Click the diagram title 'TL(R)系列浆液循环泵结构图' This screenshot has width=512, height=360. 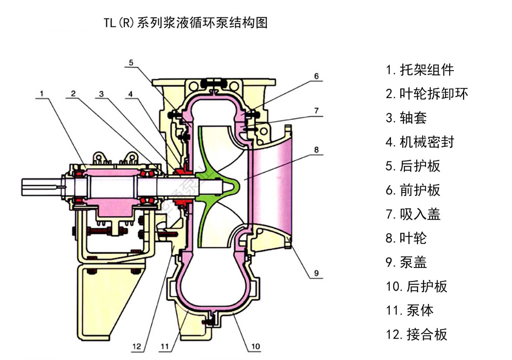pyautogui.click(x=186, y=22)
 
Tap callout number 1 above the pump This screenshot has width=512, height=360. pyautogui.click(x=41, y=93)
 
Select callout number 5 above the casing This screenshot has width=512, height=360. pyautogui.click(x=131, y=62)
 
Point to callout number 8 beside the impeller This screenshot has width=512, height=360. pyautogui.click(x=316, y=150)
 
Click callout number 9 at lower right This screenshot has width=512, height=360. pyautogui.click(x=316, y=273)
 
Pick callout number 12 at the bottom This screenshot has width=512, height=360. pyautogui.click(x=136, y=347)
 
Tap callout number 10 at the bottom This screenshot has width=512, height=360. pyautogui.click(x=256, y=347)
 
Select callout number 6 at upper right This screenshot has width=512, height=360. pyautogui.click(x=316, y=76)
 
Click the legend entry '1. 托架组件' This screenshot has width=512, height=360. pyautogui.click(x=419, y=70)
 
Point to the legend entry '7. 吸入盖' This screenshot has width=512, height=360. pyautogui.click(x=413, y=214)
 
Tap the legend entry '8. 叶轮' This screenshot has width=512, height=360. pyautogui.click(x=406, y=238)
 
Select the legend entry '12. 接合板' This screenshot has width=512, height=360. pyautogui.click(x=416, y=334)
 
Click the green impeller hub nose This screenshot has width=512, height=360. pyautogui.click(x=233, y=186)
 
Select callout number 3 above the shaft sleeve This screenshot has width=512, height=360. pyautogui.click(x=101, y=93)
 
